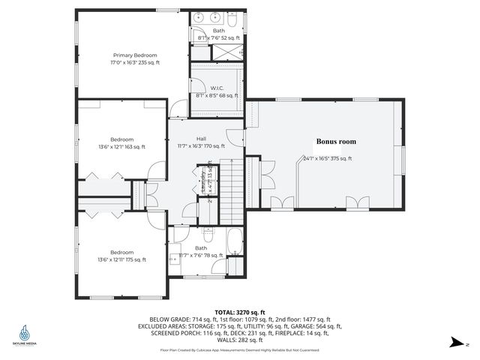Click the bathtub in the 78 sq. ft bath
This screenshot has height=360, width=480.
[235, 244]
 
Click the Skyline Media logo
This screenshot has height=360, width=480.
[25, 333]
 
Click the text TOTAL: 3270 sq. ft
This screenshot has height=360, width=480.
[239, 310]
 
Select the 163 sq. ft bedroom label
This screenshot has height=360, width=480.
[122, 143]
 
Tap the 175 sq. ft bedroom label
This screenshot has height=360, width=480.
[122, 256]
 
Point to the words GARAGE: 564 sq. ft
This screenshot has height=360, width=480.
[318, 326]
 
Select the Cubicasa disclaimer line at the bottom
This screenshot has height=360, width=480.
[239, 349]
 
